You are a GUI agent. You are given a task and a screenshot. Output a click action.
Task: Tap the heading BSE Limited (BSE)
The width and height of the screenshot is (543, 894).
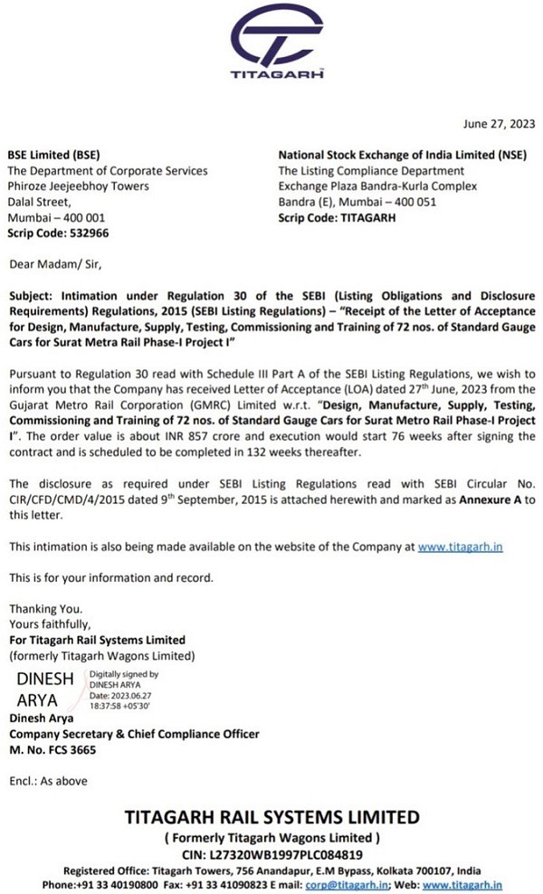tap(55, 155)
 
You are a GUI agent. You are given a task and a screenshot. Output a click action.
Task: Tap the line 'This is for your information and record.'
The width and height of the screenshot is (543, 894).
tap(111, 577)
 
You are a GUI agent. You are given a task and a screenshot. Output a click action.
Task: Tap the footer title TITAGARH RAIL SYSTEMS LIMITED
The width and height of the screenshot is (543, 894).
tap(271, 816)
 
